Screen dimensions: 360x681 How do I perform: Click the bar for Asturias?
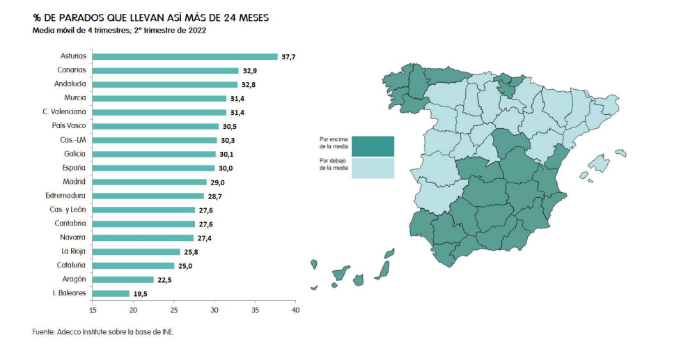tap(185, 56)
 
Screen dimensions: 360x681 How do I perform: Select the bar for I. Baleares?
tap(111, 293)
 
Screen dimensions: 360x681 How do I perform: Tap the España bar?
tap(153, 168)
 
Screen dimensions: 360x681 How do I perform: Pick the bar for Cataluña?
tap(133, 265)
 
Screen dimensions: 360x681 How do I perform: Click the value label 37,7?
tap(288, 56)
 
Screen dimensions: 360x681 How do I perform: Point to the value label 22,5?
tap(165, 279)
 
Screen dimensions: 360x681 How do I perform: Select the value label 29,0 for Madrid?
tap(218, 182)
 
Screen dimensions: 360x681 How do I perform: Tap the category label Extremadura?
tap(65, 196)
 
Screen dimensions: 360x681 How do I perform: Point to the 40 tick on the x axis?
tap(295, 310)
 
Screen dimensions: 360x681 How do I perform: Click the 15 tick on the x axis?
tap(93, 310)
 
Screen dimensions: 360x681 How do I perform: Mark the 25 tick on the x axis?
tap(174, 310)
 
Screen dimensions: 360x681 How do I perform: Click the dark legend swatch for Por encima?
tap(373, 146)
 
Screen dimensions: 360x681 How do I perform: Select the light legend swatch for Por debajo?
tap(373, 168)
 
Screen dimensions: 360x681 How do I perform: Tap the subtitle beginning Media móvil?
tap(119, 31)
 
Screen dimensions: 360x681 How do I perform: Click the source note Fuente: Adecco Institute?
tap(103, 331)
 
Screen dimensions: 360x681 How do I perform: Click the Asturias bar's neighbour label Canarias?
tap(72, 70)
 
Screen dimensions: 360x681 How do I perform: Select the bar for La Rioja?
tap(136, 251)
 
